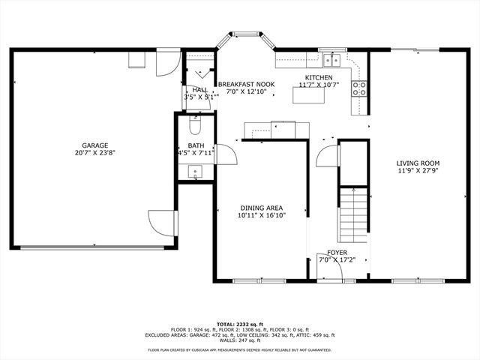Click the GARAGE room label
[95, 145]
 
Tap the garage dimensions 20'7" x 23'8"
[95, 153]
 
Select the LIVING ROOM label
[418, 163]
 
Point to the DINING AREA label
[261, 208]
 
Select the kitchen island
[307, 94]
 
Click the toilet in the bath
[196, 119]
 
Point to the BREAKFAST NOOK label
[246, 85]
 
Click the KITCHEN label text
[318, 78]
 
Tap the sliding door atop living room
[417, 49]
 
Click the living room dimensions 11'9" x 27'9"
[418, 170]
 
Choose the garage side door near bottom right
[163, 223]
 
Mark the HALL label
[200, 89]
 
